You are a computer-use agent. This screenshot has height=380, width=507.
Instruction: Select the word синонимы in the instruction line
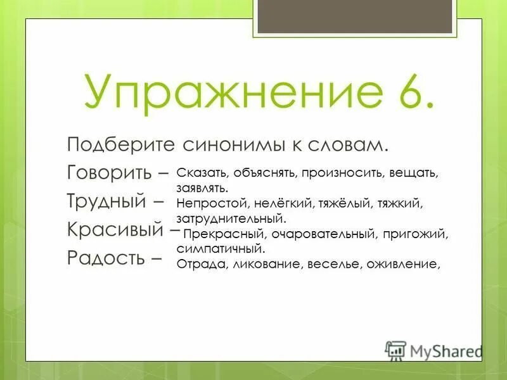tap(219, 144)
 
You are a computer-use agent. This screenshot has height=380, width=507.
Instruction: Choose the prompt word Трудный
tap(107, 202)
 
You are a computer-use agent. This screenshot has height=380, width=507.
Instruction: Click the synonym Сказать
tap(202, 173)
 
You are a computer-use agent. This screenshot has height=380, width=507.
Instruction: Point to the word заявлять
tap(202, 188)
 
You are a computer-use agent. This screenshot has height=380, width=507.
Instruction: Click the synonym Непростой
tap(206, 204)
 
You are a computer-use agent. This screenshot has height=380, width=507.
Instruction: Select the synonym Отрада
tap(198, 265)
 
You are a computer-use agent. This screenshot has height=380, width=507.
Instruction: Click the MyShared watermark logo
tap(433, 350)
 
